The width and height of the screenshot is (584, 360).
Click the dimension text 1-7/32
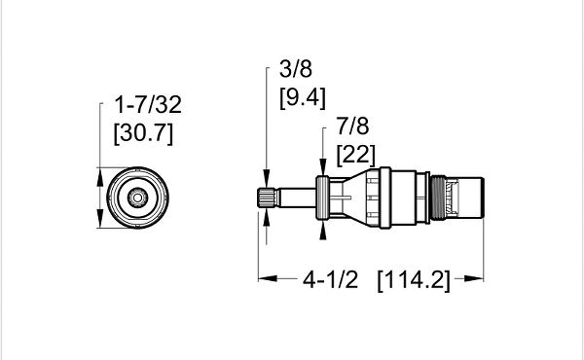(148, 105)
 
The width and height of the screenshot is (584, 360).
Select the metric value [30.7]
(143, 133)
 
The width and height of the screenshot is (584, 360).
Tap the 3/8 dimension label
(296, 69)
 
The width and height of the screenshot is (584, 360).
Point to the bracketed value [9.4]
(303, 98)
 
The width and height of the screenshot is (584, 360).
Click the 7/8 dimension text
(352, 126)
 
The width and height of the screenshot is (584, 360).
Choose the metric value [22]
(355, 155)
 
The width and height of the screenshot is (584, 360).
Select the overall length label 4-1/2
(330, 279)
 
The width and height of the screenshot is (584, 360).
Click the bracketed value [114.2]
(414, 280)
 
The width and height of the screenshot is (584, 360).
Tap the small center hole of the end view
(137, 198)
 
